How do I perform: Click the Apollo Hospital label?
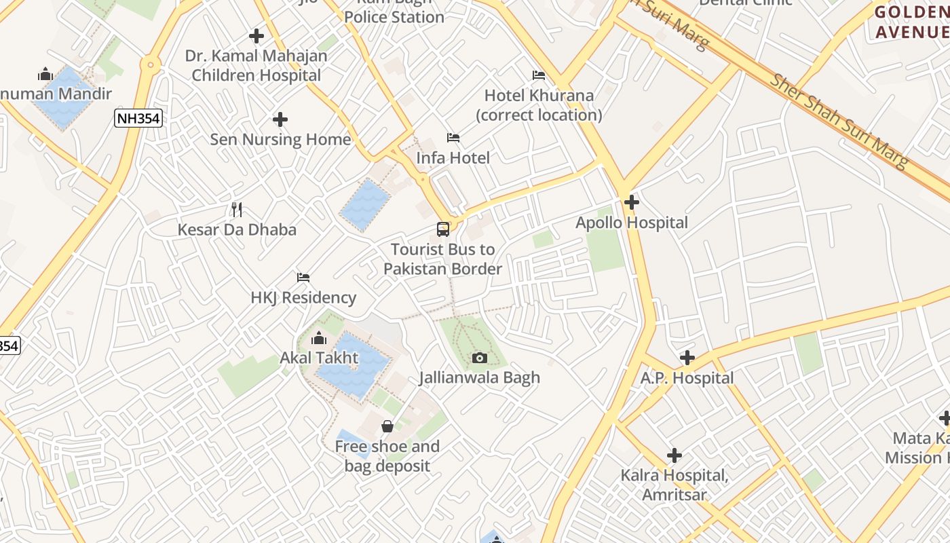tap(631, 223)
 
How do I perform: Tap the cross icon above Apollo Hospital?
tap(632, 202)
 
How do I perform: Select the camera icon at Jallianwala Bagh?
tap(480, 358)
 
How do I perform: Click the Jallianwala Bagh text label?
tap(479, 377)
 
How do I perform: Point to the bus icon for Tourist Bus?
tap(443, 229)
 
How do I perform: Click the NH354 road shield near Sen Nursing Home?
tap(138, 119)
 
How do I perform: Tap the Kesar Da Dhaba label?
tap(237, 229)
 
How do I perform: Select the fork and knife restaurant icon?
tap(237, 209)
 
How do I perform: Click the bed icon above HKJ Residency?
tap(303, 278)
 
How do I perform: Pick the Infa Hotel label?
tap(453, 158)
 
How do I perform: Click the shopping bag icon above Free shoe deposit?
tap(387, 426)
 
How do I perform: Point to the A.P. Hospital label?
tap(687, 378)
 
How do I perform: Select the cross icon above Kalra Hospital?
tap(674, 455)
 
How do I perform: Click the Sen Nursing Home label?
tap(280, 140)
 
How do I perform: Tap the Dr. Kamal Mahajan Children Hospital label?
tap(256, 66)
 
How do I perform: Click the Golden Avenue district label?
tap(911, 22)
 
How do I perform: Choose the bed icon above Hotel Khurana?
tap(539, 75)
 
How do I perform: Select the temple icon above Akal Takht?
tap(318, 338)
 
